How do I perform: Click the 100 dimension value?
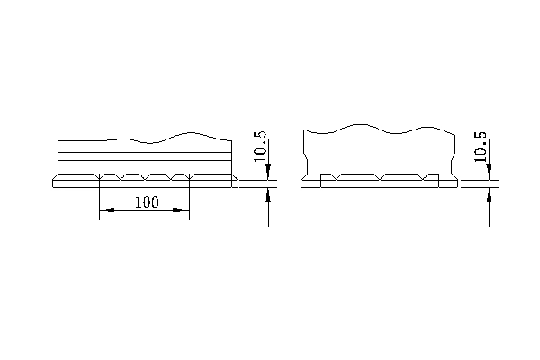click(x=146, y=202)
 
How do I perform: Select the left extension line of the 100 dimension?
click(x=99, y=202)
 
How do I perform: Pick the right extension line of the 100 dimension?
click(x=189, y=202)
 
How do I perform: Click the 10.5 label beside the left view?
click(x=260, y=147)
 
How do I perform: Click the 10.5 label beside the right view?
click(x=481, y=147)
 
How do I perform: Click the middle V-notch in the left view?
click(x=144, y=176)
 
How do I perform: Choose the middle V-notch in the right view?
click(x=381, y=177)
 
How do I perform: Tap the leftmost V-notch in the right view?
click(x=335, y=177)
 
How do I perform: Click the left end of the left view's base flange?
click(x=55, y=183)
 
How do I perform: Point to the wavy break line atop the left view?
click(x=171, y=137)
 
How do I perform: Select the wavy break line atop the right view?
click(x=378, y=129)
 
